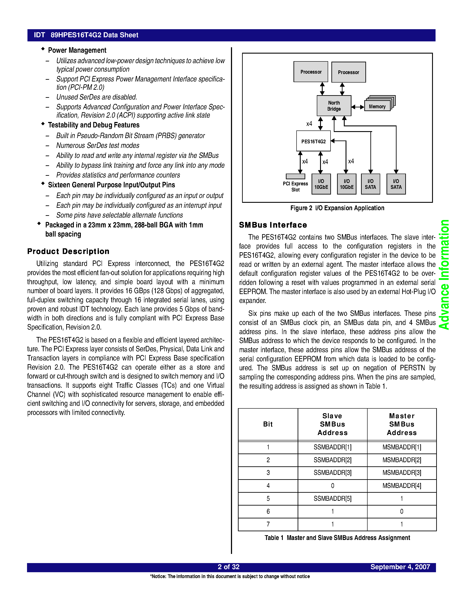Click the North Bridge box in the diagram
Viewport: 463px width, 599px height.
tap(334, 106)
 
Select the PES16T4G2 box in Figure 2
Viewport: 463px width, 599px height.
tap(313, 141)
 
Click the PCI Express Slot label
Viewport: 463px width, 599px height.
tap(295, 186)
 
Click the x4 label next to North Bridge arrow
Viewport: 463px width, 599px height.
tap(309, 124)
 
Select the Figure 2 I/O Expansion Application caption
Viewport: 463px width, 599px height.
tap(337, 208)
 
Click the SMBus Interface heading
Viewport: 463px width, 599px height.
tap(273, 225)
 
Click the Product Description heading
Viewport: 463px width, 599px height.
tap(68, 251)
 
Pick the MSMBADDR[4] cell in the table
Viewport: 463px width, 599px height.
tap(402, 486)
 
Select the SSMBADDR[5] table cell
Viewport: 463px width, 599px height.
tap(332, 498)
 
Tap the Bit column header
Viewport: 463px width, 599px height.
tap(268, 424)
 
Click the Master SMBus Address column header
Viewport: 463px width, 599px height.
tap(402, 424)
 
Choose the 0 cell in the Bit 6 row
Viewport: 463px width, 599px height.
tap(402, 511)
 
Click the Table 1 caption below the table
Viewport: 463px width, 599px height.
tap(337, 538)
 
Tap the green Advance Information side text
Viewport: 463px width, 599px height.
tap(444, 274)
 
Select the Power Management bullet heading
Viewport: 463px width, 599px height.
tap(77, 50)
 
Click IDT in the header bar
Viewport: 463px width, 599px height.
tap(39, 35)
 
